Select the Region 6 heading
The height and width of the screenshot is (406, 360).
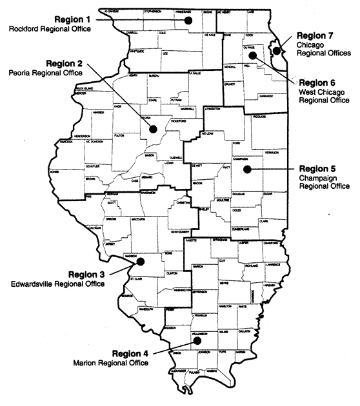(319, 83)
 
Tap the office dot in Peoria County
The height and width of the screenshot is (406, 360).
(153, 128)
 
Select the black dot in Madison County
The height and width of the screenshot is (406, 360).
(141, 262)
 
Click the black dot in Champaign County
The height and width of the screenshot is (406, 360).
(246, 169)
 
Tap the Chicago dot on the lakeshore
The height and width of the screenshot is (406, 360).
(276, 50)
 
